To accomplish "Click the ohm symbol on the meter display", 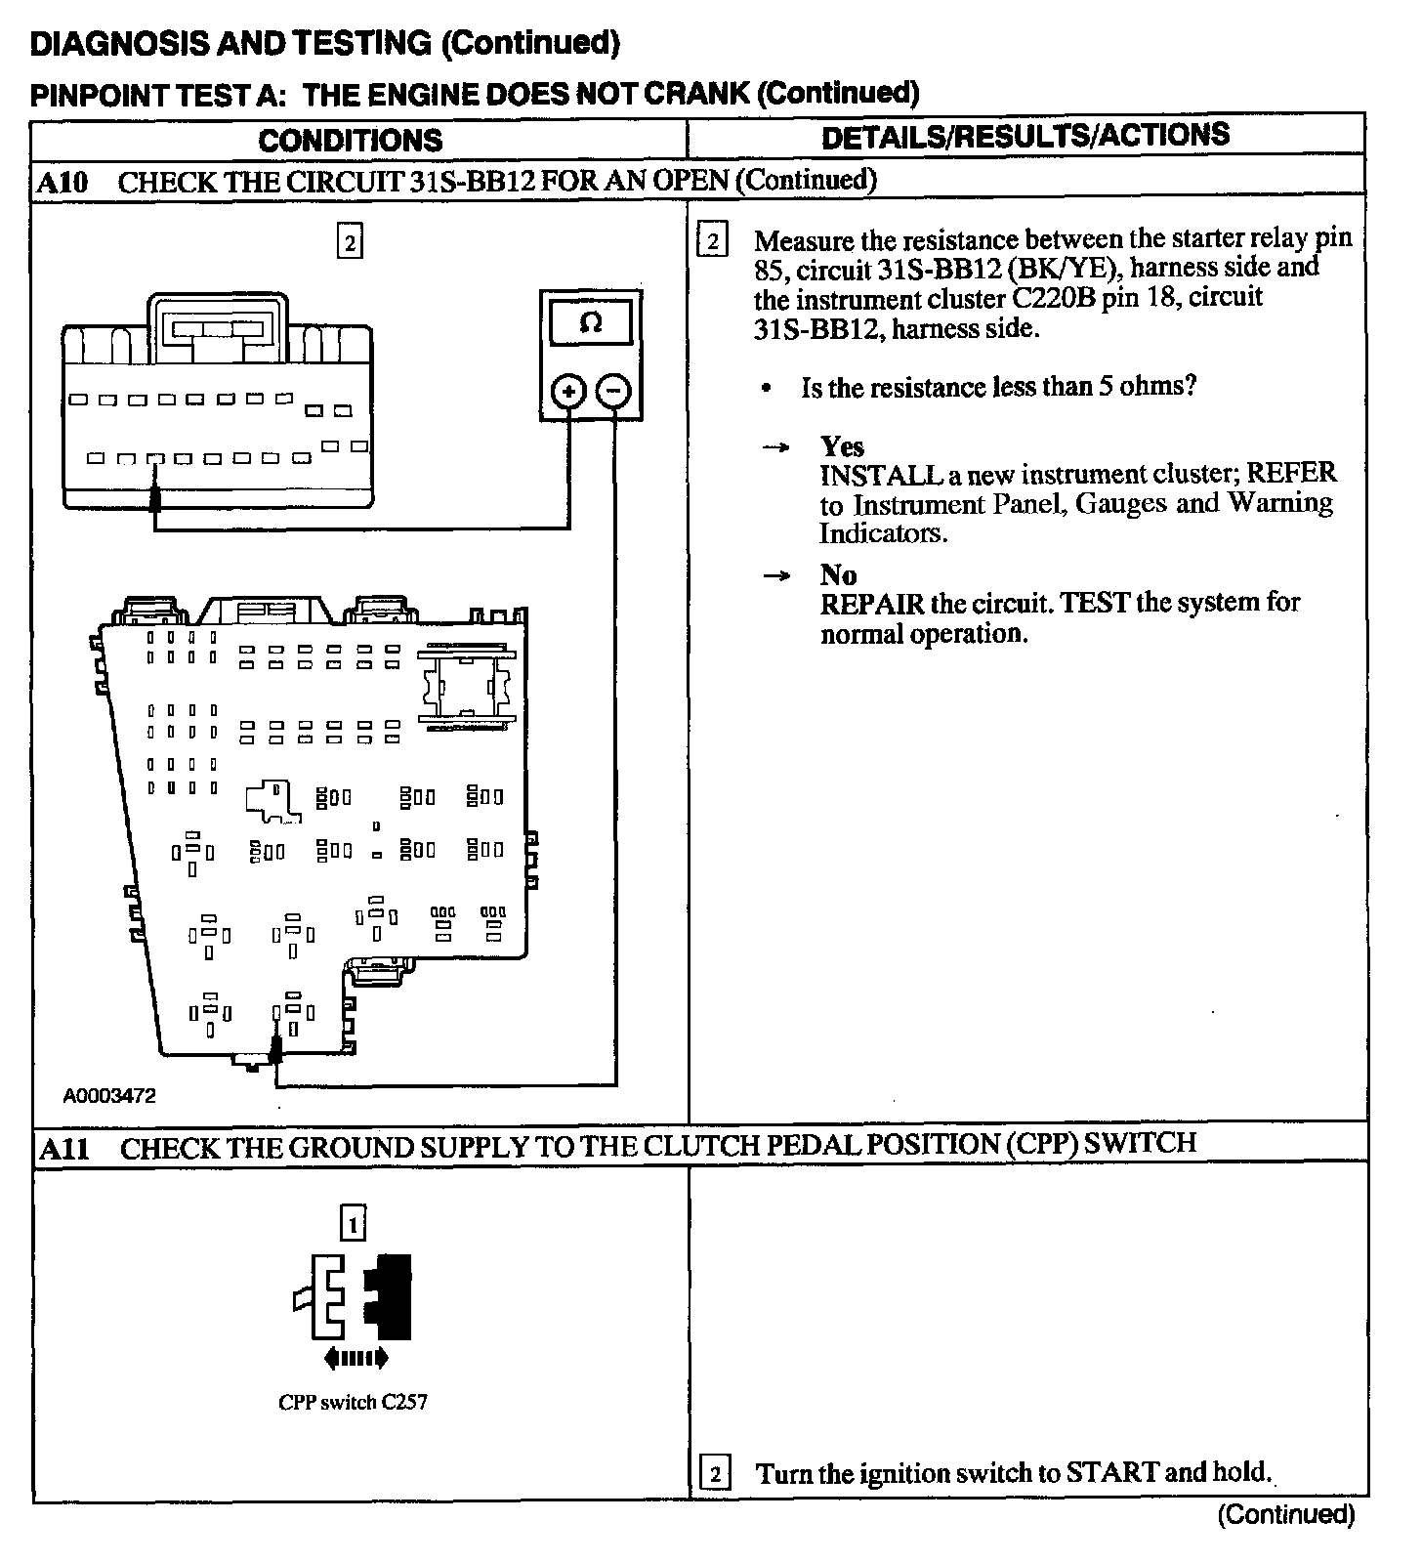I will (x=590, y=322).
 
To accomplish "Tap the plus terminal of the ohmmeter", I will (x=568, y=392).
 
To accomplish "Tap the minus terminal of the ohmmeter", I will (x=613, y=392).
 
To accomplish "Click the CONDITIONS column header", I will (x=350, y=140).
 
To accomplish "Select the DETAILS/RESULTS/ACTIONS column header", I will (x=1025, y=136).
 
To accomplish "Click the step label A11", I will (x=64, y=1148).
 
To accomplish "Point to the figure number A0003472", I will (x=109, y=1096).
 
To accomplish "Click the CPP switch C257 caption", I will (x=353, y=1403).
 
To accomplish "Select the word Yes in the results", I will (x=842, y=446).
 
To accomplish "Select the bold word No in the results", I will (x=838, y=574).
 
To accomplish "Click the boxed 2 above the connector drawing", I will (x=350, y=240).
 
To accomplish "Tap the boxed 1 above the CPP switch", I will (x=353, y=1223).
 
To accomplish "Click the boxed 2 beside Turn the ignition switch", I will (x=715, y=1473).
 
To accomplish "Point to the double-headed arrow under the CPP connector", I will (x=355, y=1357).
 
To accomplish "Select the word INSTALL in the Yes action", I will (x=875, y=476).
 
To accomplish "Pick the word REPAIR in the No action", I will (x=871, y=604).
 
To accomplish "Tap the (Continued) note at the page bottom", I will (x=1286, y=1515).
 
